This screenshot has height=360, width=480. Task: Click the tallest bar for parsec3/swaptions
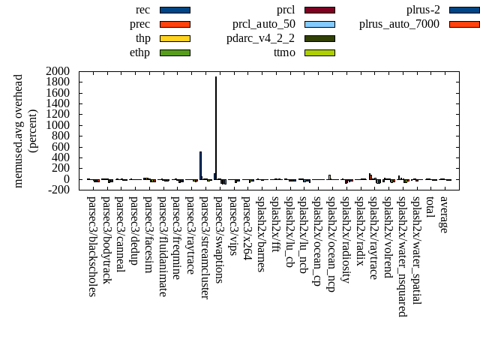point(216,127)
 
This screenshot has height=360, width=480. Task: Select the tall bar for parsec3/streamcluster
point(200,165)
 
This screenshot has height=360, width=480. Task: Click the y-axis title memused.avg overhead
point(19,130)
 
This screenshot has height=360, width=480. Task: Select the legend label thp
point(142,38)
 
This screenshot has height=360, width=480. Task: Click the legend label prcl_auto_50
point(263,24)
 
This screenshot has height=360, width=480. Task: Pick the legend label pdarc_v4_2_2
point(260,38)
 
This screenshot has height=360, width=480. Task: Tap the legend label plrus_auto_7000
point(399,24)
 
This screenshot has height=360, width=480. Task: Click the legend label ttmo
point(284,52)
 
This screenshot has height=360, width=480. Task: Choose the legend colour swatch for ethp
point(175,52)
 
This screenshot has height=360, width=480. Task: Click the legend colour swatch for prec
point(175,24)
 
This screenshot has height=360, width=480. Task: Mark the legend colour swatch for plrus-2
point(464,10)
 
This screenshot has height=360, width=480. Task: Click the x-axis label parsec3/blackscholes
point(91,247)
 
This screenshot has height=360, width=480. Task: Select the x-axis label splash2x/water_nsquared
point(403,256)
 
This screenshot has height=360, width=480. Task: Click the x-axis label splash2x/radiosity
point(346,239)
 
